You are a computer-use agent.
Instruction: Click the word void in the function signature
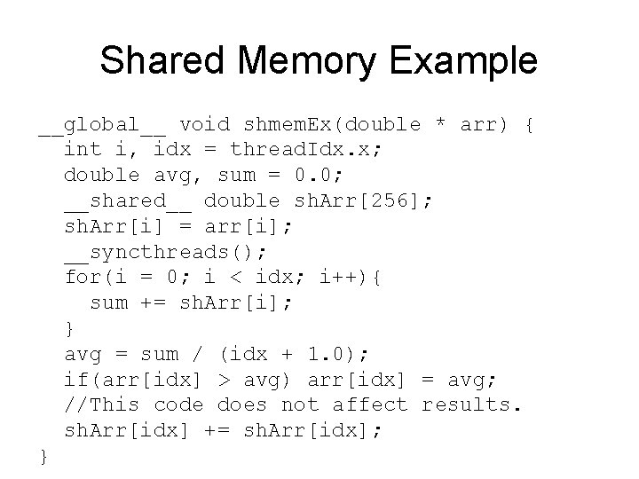pyautogui.click(x=203, y=124)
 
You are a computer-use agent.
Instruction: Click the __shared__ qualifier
pyautogui.click(x=127, y=200)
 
